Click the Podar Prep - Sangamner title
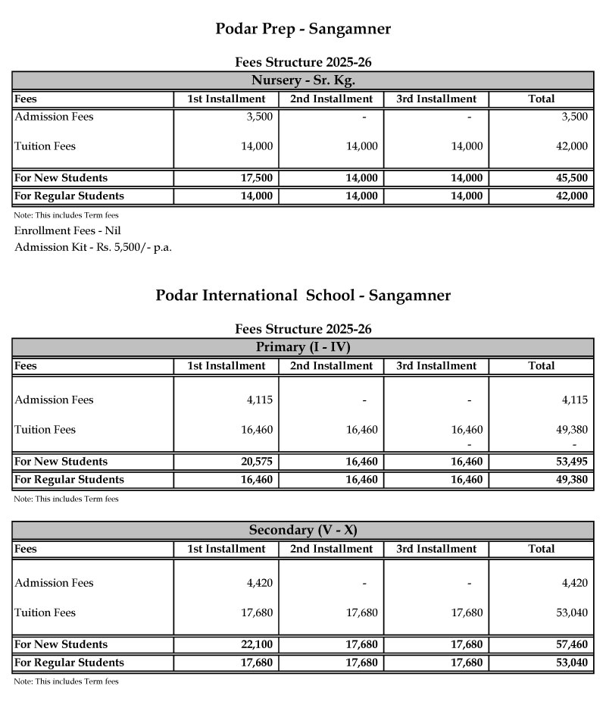pos(303,30)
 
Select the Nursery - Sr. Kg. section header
pos(303,80)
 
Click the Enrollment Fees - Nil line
pos(67,230)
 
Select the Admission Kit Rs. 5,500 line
pos(93,248)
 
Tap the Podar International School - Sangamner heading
pos(303,296)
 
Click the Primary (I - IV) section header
pos(303,347)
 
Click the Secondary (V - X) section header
pos(303,530)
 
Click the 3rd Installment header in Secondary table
pos(436,549)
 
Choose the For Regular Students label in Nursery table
pos(69,196)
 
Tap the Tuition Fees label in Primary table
pos(45,430)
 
